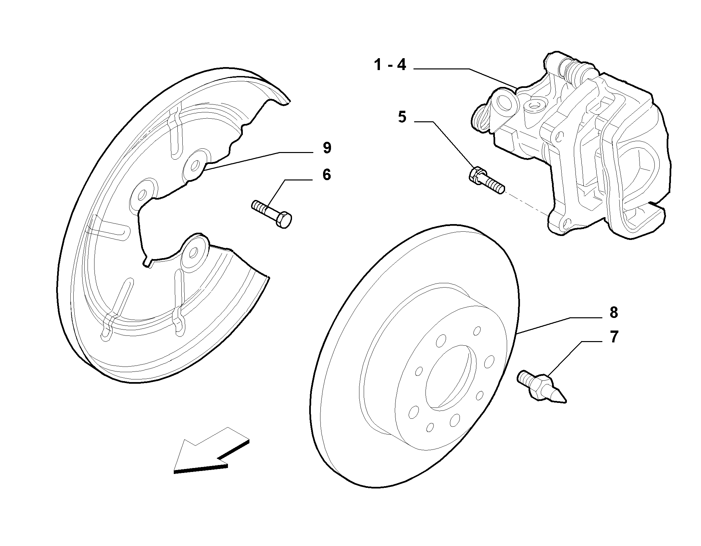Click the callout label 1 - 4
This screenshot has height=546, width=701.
[x=390, y=65]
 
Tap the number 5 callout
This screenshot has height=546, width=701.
[x=402, y=117]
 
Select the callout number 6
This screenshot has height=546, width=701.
[x=326, y=175]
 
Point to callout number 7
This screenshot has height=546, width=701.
[x=613, y=337]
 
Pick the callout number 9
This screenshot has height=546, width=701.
[x=327, y=148]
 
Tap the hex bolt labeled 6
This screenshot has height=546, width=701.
[x=272, y=214]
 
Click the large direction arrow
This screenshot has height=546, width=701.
[x=211, y=450]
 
